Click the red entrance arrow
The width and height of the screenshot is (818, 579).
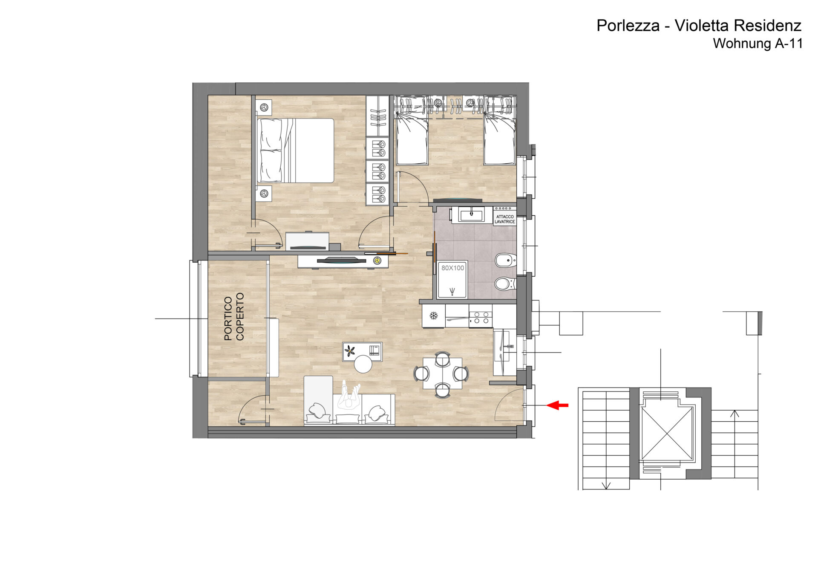coord(557,405)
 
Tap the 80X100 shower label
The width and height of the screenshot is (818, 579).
coord(452,268)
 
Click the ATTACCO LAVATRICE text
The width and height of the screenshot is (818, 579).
coord(505,219)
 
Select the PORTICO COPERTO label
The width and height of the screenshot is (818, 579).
coord(234,316)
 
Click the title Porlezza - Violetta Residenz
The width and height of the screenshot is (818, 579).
coord(699,26)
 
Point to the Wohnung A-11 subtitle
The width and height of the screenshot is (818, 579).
coord(758,43)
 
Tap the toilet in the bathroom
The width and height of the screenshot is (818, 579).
coord(506,284)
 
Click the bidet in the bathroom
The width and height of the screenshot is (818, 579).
coord(506,260)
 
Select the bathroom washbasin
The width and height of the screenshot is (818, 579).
coord(472,214)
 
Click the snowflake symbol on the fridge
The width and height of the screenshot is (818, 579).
coord(434,316)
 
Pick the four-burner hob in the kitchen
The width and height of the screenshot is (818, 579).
coord(481,318)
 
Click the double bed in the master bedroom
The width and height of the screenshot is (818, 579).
coord(295,151)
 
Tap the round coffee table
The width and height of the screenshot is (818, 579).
coord(363,364)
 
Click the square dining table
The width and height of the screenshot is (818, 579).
coord(443,373)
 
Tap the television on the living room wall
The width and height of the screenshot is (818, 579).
coord(342,261)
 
